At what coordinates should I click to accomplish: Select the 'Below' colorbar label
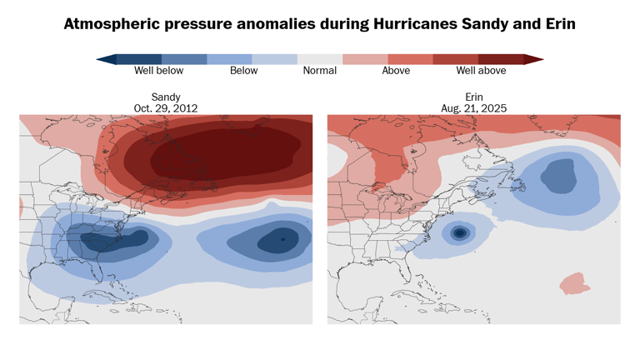243,71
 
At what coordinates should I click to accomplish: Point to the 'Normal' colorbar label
320,71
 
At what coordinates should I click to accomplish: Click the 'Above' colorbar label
396,71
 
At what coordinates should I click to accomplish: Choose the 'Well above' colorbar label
481,71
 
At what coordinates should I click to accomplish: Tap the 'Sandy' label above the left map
166,97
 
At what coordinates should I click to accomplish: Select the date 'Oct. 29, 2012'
166,108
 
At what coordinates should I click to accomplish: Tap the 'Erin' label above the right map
474,97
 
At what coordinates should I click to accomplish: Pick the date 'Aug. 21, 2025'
474,108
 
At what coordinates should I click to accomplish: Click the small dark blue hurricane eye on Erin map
458,233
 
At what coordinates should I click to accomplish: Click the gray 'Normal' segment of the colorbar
320,59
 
